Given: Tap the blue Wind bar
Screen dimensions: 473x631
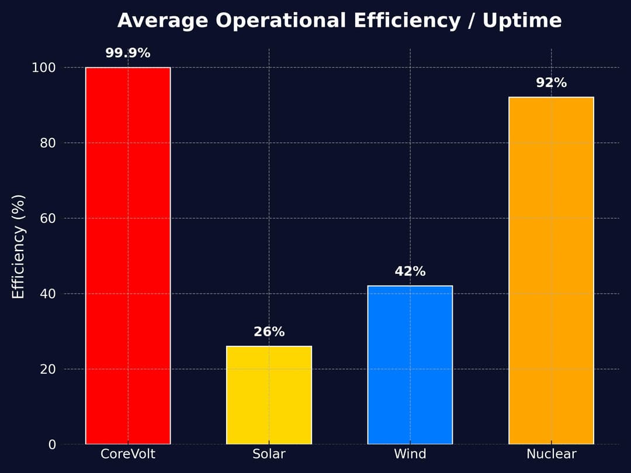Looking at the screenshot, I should tap(410, 365).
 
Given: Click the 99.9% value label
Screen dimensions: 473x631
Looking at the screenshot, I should tap(128, 53).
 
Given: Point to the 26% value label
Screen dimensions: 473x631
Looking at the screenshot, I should tap(269, 332).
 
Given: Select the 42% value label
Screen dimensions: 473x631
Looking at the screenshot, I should tap(410, 272).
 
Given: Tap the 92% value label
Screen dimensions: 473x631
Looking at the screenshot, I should tap(551, 83).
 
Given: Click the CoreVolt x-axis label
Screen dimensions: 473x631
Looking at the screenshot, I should tap(128, 454).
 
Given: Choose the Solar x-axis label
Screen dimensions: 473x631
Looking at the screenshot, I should tap(269, 454).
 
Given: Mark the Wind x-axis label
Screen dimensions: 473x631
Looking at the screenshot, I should tap(410, 454).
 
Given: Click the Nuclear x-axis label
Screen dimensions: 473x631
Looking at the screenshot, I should tap(551, 454).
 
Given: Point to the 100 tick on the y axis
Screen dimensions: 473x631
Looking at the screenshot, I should tap(43, 68).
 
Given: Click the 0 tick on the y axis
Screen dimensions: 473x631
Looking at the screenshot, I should tap(51, 444).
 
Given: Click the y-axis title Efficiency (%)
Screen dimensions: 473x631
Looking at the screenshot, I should tap(19, 246).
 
